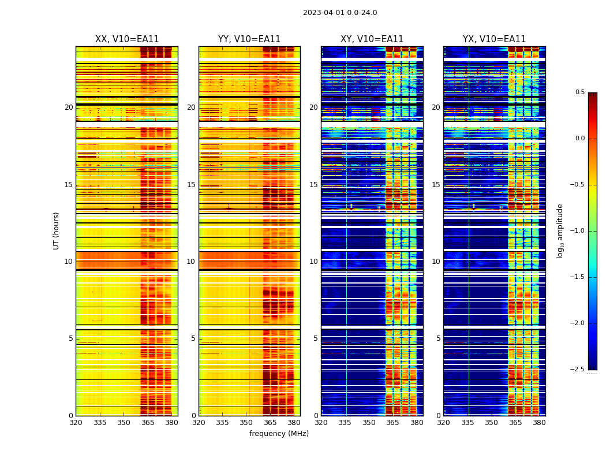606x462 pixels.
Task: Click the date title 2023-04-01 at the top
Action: point(339,13)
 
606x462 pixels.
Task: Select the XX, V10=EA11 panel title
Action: point(127,39)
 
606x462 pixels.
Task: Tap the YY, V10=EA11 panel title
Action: point(249,39)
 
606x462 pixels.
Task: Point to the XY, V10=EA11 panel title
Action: point(372,39)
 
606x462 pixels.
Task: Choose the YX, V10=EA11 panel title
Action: point(494,39)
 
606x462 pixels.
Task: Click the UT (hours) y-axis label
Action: point(56,230)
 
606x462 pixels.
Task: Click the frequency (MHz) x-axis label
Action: point(279,434)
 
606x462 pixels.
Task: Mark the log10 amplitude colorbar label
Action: point(560,230)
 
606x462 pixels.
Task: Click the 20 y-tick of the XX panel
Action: point(69,107)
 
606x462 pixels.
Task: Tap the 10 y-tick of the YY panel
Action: point(191,262)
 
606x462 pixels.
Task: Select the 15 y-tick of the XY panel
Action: point(313,185)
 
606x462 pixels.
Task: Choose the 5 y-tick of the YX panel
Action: point(438,338)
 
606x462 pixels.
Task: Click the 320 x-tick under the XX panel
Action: point(76,423)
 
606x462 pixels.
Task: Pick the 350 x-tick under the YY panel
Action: point(246,423)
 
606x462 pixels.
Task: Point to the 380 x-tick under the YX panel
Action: point(539,423)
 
